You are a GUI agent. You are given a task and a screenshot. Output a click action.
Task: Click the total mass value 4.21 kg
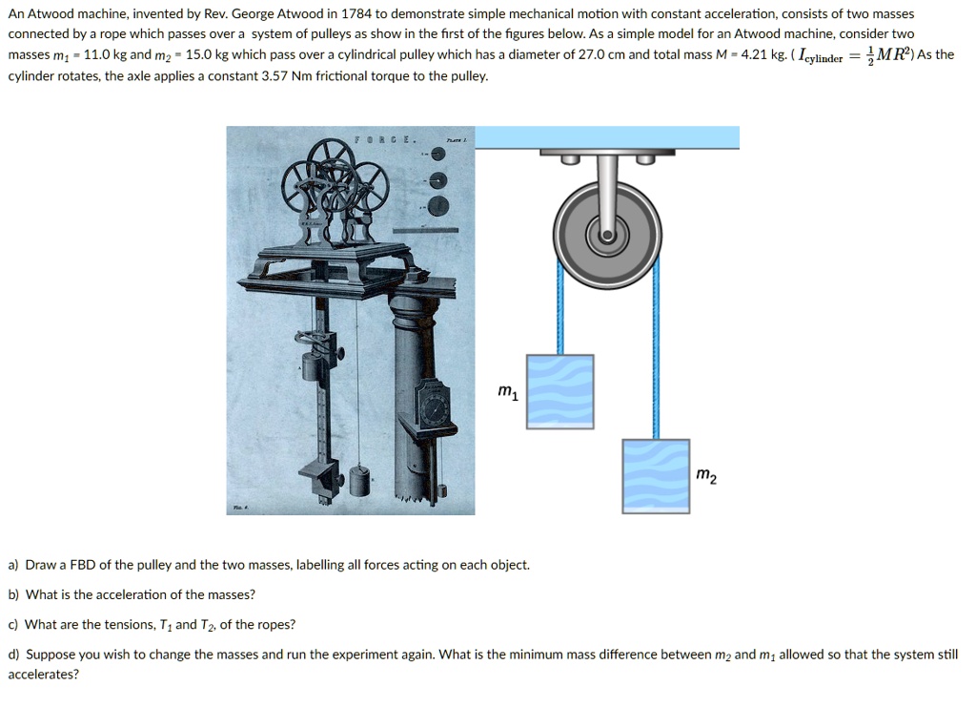(759, 55)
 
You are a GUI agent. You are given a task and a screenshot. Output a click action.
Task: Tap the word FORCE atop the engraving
(385, 140)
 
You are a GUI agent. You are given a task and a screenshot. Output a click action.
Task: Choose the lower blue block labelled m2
(656, 475)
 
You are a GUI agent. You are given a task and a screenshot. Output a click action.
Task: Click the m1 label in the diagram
(508, 392)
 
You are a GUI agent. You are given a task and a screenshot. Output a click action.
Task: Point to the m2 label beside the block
(705, 474)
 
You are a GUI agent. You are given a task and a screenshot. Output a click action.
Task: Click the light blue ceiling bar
(606, 137)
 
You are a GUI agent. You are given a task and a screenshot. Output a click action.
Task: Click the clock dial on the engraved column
(435, 407)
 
